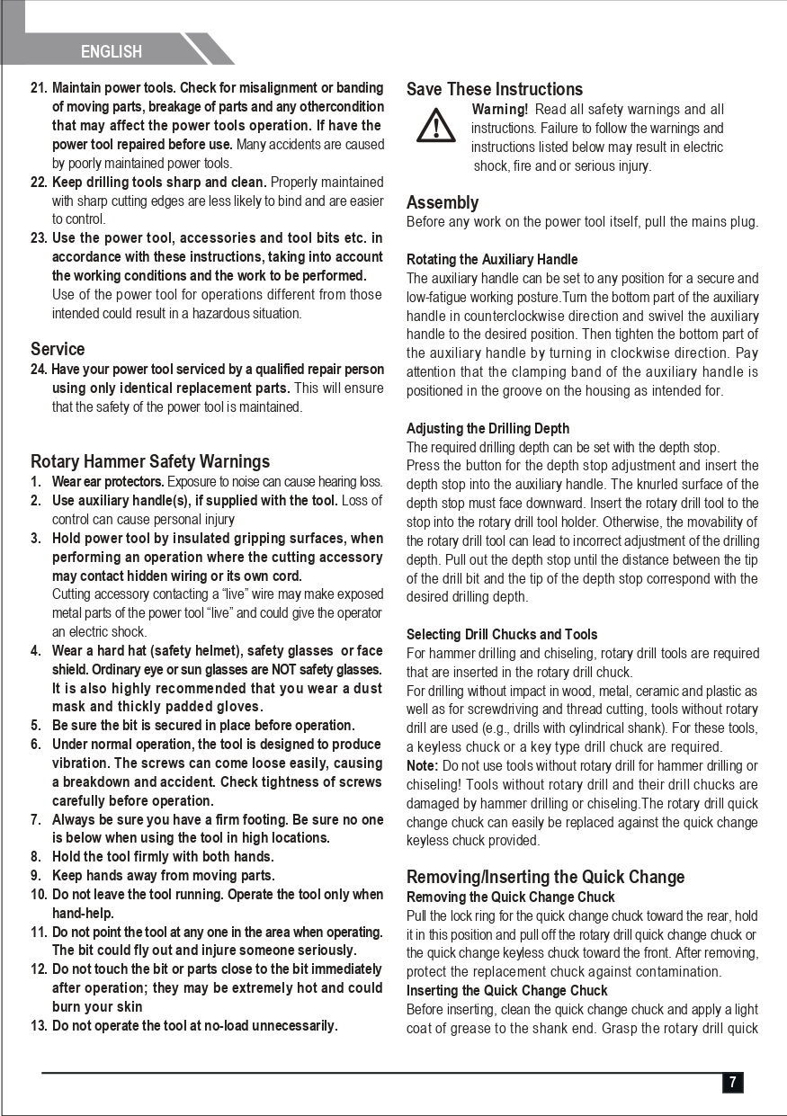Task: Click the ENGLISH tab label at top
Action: [112, 51]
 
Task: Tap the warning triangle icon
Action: [436, 125]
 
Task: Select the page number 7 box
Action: [732, 1083]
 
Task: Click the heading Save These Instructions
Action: [495, 89]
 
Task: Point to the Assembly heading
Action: [443, 202]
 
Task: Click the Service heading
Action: [58, 349]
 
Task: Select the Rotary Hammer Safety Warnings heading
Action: [150, 461]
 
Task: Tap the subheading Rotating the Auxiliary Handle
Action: [492, 260]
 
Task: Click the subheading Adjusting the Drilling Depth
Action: [487, 428]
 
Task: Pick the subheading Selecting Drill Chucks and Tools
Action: [502, 634]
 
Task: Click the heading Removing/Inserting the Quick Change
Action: [545, 877]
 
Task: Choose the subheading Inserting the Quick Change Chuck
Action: [507, 990]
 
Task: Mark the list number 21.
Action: [39, 88]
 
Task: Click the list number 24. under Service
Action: [40, 370]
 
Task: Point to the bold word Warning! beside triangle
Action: [499, 110]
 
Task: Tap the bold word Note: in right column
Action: [422, 766]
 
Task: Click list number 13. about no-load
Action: [39, 1026]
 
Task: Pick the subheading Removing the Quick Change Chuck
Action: [511, 897]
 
